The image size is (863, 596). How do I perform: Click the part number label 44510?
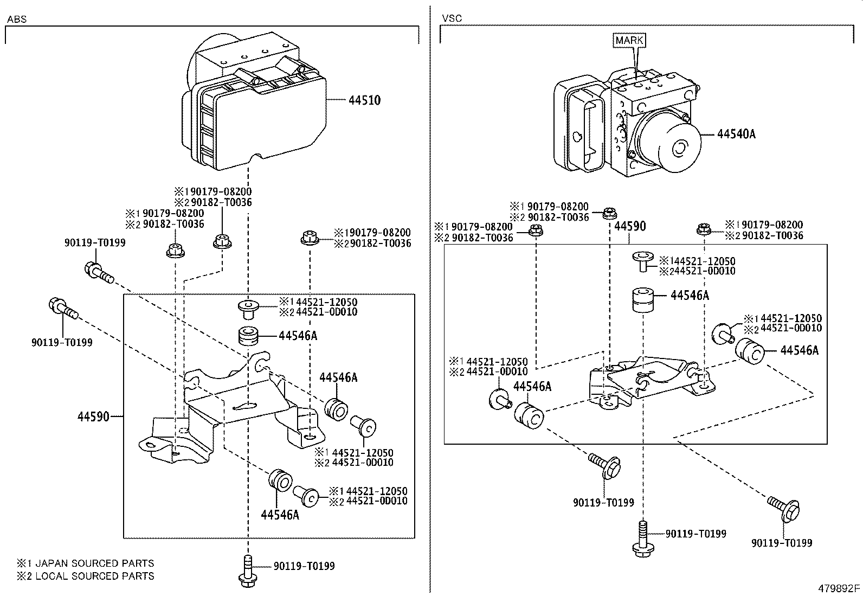364,100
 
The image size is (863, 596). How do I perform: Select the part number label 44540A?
736,134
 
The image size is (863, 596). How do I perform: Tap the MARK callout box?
630,40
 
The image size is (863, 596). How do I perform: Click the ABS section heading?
17,19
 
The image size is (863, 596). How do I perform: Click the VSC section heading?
452,18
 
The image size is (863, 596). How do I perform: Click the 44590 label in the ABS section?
93,417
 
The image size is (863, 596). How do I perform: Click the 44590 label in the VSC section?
630,226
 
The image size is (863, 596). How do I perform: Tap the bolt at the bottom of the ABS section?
247,572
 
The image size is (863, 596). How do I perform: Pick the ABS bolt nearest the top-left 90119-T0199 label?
98,272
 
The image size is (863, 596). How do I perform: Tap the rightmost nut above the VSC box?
704,229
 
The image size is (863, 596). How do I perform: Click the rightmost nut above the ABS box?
308,238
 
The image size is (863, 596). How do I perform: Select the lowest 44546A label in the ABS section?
280,514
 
